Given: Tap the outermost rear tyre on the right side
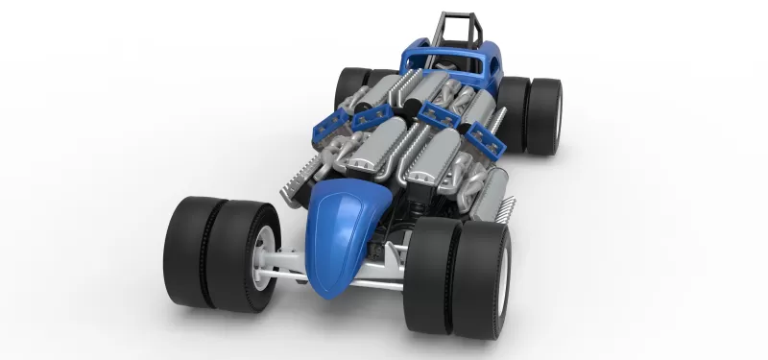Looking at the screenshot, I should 547,115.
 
